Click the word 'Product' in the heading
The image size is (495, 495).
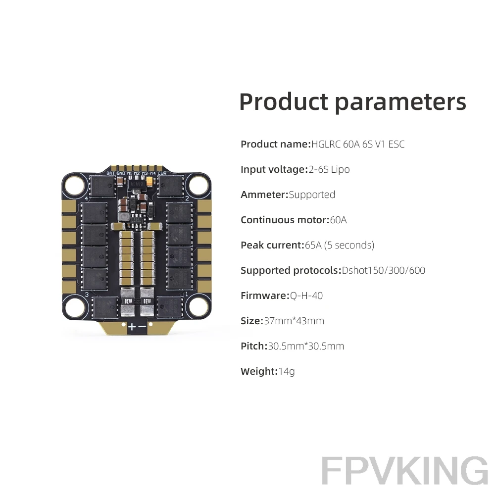click(284, 102)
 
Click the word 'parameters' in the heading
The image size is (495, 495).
click(400, 103)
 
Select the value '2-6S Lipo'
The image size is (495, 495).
click(329, 169)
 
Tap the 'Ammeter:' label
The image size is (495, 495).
click(264, 195)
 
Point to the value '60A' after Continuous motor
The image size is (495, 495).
click(338, 220)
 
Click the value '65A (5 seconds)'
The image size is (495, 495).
click(340, 246)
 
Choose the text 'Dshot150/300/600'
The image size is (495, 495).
click(383, 270)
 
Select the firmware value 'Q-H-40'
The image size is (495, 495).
click(306, 296)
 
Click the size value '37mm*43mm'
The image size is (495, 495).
click(294, 321)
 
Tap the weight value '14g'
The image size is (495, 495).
click(286, 372)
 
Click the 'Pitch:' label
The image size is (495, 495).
click(254, 346)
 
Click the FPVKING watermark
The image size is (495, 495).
click(405, 470)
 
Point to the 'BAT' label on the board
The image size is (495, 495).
click(110, 173)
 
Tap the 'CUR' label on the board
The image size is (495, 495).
click(162, 173)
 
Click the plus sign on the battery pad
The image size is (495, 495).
click(132, 326)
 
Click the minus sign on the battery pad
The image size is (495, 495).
click(142, 326)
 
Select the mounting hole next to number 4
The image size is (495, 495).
click(75, 185)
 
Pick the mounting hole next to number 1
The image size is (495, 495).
click(198, 306)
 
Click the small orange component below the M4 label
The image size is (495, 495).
click(150, 181)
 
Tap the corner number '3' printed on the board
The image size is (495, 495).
click(87, 295)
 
